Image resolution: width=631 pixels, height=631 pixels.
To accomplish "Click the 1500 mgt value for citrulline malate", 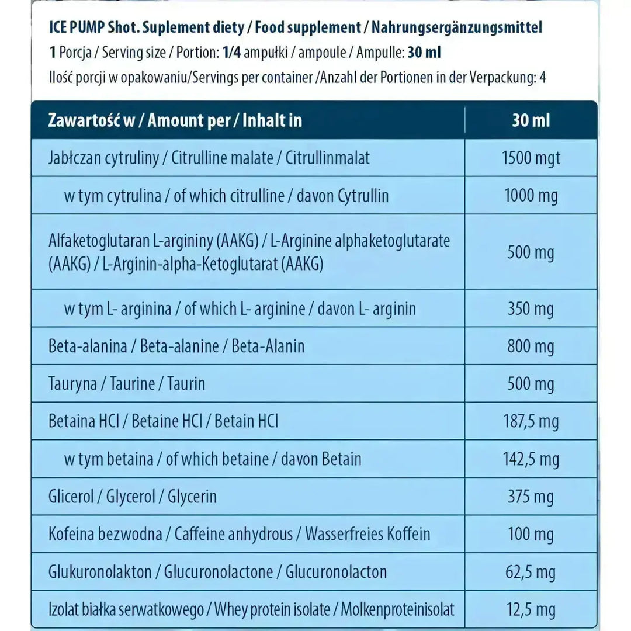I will [531, 158].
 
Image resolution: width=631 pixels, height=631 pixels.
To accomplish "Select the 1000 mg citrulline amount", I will [531, 196].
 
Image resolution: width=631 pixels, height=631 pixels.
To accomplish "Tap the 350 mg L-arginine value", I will [531, 308].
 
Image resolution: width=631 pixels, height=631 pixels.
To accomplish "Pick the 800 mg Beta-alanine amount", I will [531, 346].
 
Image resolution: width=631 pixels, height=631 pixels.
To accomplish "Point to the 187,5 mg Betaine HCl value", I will [531, 421].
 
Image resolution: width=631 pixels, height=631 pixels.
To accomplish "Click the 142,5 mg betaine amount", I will [531, 459].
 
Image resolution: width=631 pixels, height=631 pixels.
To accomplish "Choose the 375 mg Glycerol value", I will [531, 497].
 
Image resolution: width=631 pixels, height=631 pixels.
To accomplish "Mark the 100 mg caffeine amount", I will [531, 534].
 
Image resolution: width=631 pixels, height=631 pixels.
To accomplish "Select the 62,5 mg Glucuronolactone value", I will [531, 572].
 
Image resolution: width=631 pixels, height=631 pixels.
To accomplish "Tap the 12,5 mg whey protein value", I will [531, 610].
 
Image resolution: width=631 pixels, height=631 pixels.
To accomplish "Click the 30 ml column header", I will [531, 120].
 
